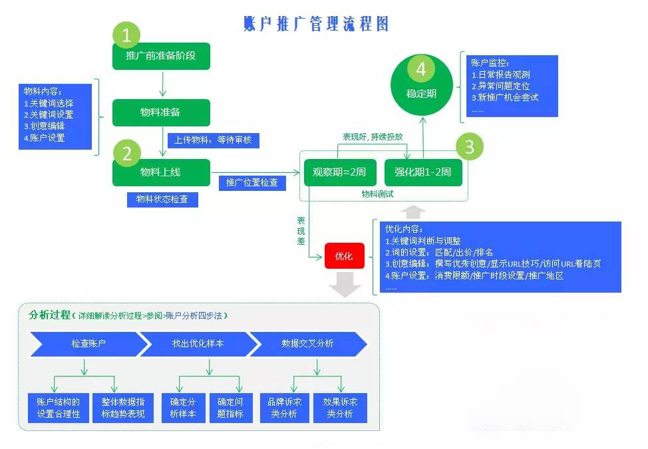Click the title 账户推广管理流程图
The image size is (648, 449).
(x=316, y=24)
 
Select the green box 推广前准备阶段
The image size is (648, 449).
(x=161, y=56)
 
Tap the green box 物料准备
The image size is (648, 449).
(x=161, y=112)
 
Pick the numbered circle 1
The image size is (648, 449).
(x=126, y=35)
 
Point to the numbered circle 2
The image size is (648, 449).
(x=126, y=153)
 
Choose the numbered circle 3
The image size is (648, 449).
(x=470, y=146)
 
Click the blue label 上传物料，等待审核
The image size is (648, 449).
(x=214, y=140)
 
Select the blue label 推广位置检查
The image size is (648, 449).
(x=253, y=183)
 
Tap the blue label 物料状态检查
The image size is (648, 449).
(x=162, y=200)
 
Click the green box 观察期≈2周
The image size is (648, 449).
(x=340, y=173)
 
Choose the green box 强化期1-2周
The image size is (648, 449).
(x=423, y=173)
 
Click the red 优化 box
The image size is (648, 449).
(x=345, y=256)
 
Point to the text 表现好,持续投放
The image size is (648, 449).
(x=373, y=137)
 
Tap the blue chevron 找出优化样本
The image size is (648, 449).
(x=198, y=344)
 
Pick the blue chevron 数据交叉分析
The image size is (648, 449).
(x=308, y=344)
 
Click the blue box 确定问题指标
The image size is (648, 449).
(x=231, y=408)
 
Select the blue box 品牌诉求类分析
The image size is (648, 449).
(x=284, y=408)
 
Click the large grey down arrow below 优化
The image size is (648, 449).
(x=345, y=284)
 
